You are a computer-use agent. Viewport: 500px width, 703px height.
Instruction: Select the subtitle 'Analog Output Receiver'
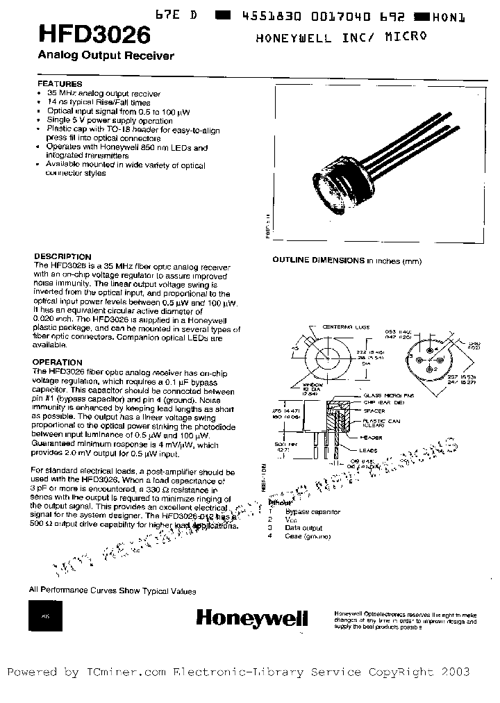(101, 56)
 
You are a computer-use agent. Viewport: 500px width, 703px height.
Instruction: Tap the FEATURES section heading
(59, 84)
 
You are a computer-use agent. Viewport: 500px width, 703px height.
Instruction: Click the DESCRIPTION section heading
(62, 256)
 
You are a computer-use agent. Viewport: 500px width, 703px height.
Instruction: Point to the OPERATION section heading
(58, 363)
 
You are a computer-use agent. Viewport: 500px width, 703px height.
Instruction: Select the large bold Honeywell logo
(251, 618)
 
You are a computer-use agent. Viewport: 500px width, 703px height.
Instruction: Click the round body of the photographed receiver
(341, 181)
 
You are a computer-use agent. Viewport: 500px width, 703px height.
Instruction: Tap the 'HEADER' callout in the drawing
(372, 437)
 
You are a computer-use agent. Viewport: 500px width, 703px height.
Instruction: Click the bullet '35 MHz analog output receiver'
(103, 93)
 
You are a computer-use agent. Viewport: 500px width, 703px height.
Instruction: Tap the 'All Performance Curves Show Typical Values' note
(112, 591)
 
